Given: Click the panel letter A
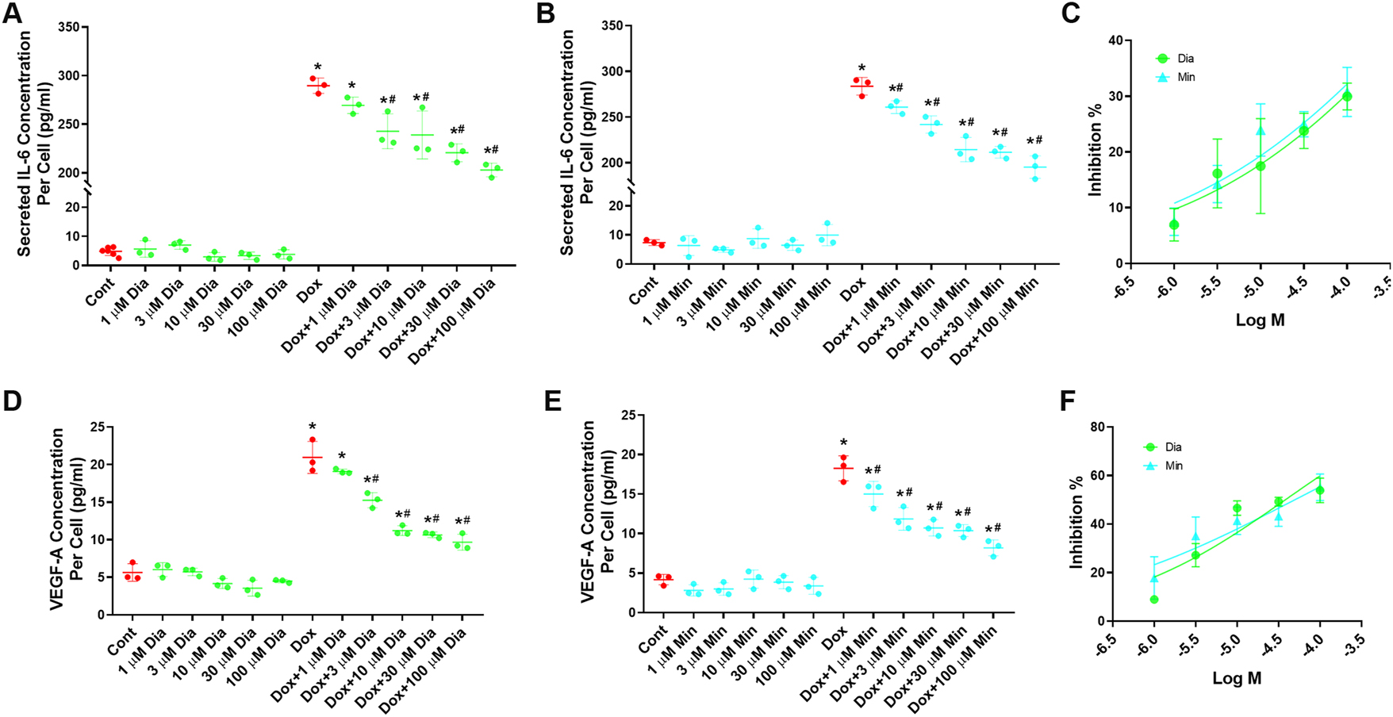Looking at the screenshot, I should tap(13, 13).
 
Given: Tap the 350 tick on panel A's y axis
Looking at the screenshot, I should tap(70, 28).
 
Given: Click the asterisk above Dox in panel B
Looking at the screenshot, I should tap(862, 69).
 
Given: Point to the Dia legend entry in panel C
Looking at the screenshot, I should tap(1185, 59).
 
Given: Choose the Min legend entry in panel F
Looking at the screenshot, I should tap(1173, 466).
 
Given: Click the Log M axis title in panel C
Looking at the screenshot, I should tap(1260, 321).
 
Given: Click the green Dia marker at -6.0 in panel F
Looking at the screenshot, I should tap(1154, 600).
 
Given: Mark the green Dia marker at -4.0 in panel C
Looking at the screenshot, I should tap(1347, 97).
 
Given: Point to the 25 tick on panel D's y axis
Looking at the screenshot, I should tap(96, 428).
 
